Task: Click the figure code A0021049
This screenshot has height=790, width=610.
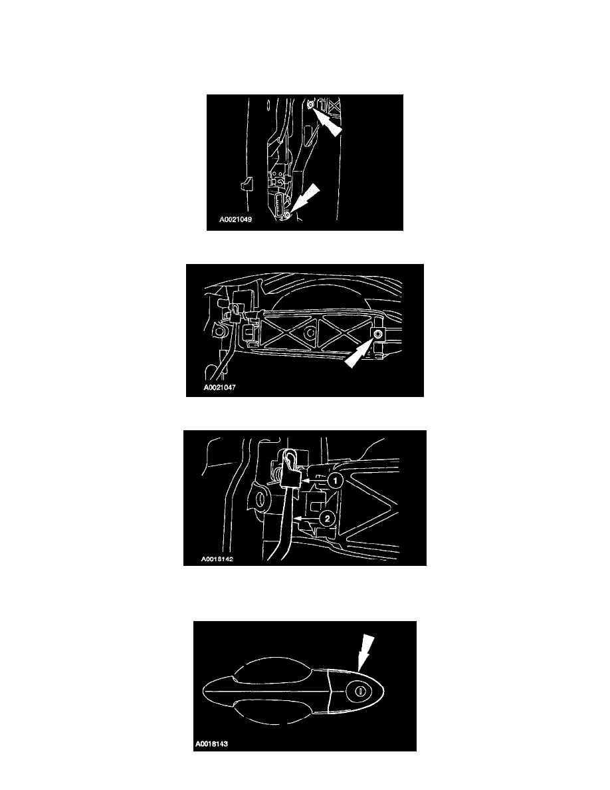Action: pos(235,219)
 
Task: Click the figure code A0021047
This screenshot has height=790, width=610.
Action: pos(219,388)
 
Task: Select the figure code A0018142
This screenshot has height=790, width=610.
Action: pos(217,559)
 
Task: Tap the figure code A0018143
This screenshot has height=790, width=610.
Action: pos(211,743)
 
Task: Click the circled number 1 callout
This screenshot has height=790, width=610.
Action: pos(335,481)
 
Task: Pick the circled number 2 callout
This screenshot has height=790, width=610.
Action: pos(327,519)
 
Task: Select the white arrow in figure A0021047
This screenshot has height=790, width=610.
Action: pos(359,353)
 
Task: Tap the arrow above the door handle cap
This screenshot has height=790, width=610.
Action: pos(365,652)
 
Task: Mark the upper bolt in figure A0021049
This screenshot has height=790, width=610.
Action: pos(310,104)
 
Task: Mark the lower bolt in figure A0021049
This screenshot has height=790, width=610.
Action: pos(287,215)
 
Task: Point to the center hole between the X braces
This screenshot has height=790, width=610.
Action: pos(310,333)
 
